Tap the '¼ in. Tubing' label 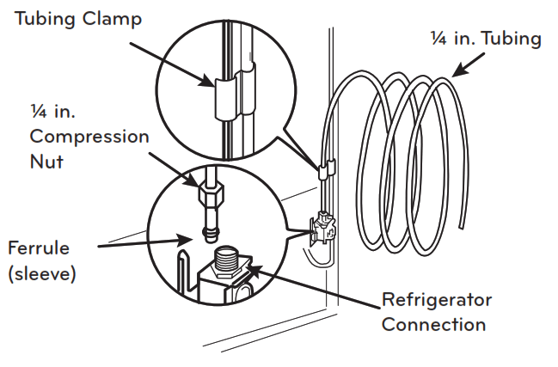tap(486, 39)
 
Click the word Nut tap(46, 161)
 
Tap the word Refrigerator tap(437, 300)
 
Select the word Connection tap(433, 324)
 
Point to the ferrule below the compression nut tap(208, 229)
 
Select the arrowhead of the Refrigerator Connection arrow tap(249, 270)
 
